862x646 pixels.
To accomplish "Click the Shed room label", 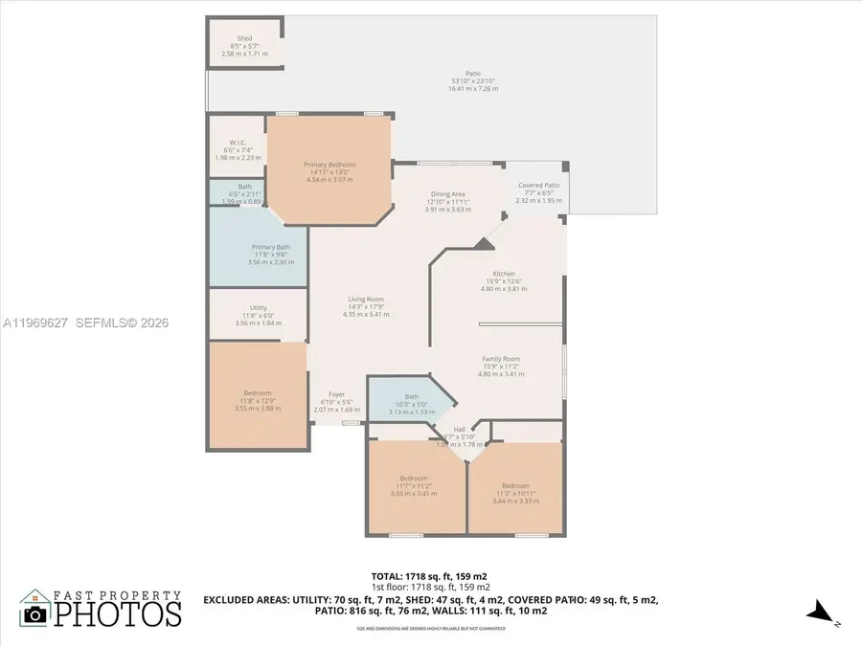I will click(x=244, y=39).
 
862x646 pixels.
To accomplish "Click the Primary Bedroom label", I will click(x=329, y=165).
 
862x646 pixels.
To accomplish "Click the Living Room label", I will click(x=367, y=300).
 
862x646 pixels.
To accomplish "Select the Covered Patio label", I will click(x=538, y=186).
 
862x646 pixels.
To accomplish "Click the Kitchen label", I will click(x=504, y=274).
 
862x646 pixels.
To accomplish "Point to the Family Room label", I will click(x=501, y=359).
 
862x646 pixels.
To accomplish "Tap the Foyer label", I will click(x=336, y=394).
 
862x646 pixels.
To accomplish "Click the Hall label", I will click(x=460, y=430).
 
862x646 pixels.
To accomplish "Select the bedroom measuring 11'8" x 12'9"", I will click(x=258, y=393).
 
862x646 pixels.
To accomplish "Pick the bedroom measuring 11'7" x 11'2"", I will click(x=413, y=478).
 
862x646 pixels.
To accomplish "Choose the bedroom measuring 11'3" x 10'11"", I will click(x=515, y=485).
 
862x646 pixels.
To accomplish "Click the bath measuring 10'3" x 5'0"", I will click(x=412, y=396).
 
